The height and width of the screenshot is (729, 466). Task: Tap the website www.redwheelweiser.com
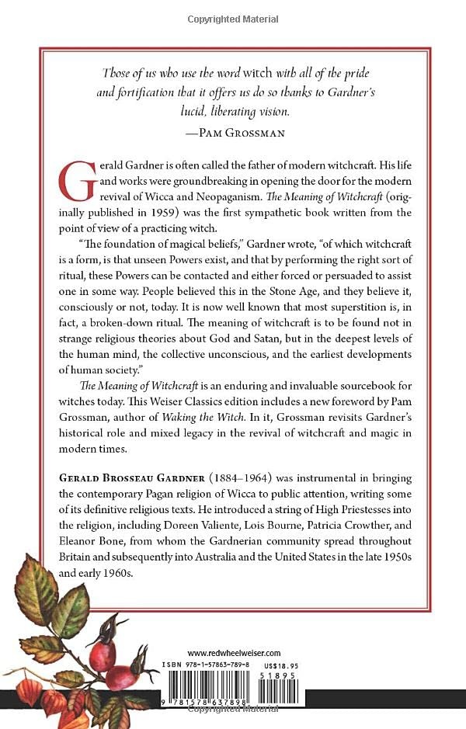(x=233, y=654)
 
